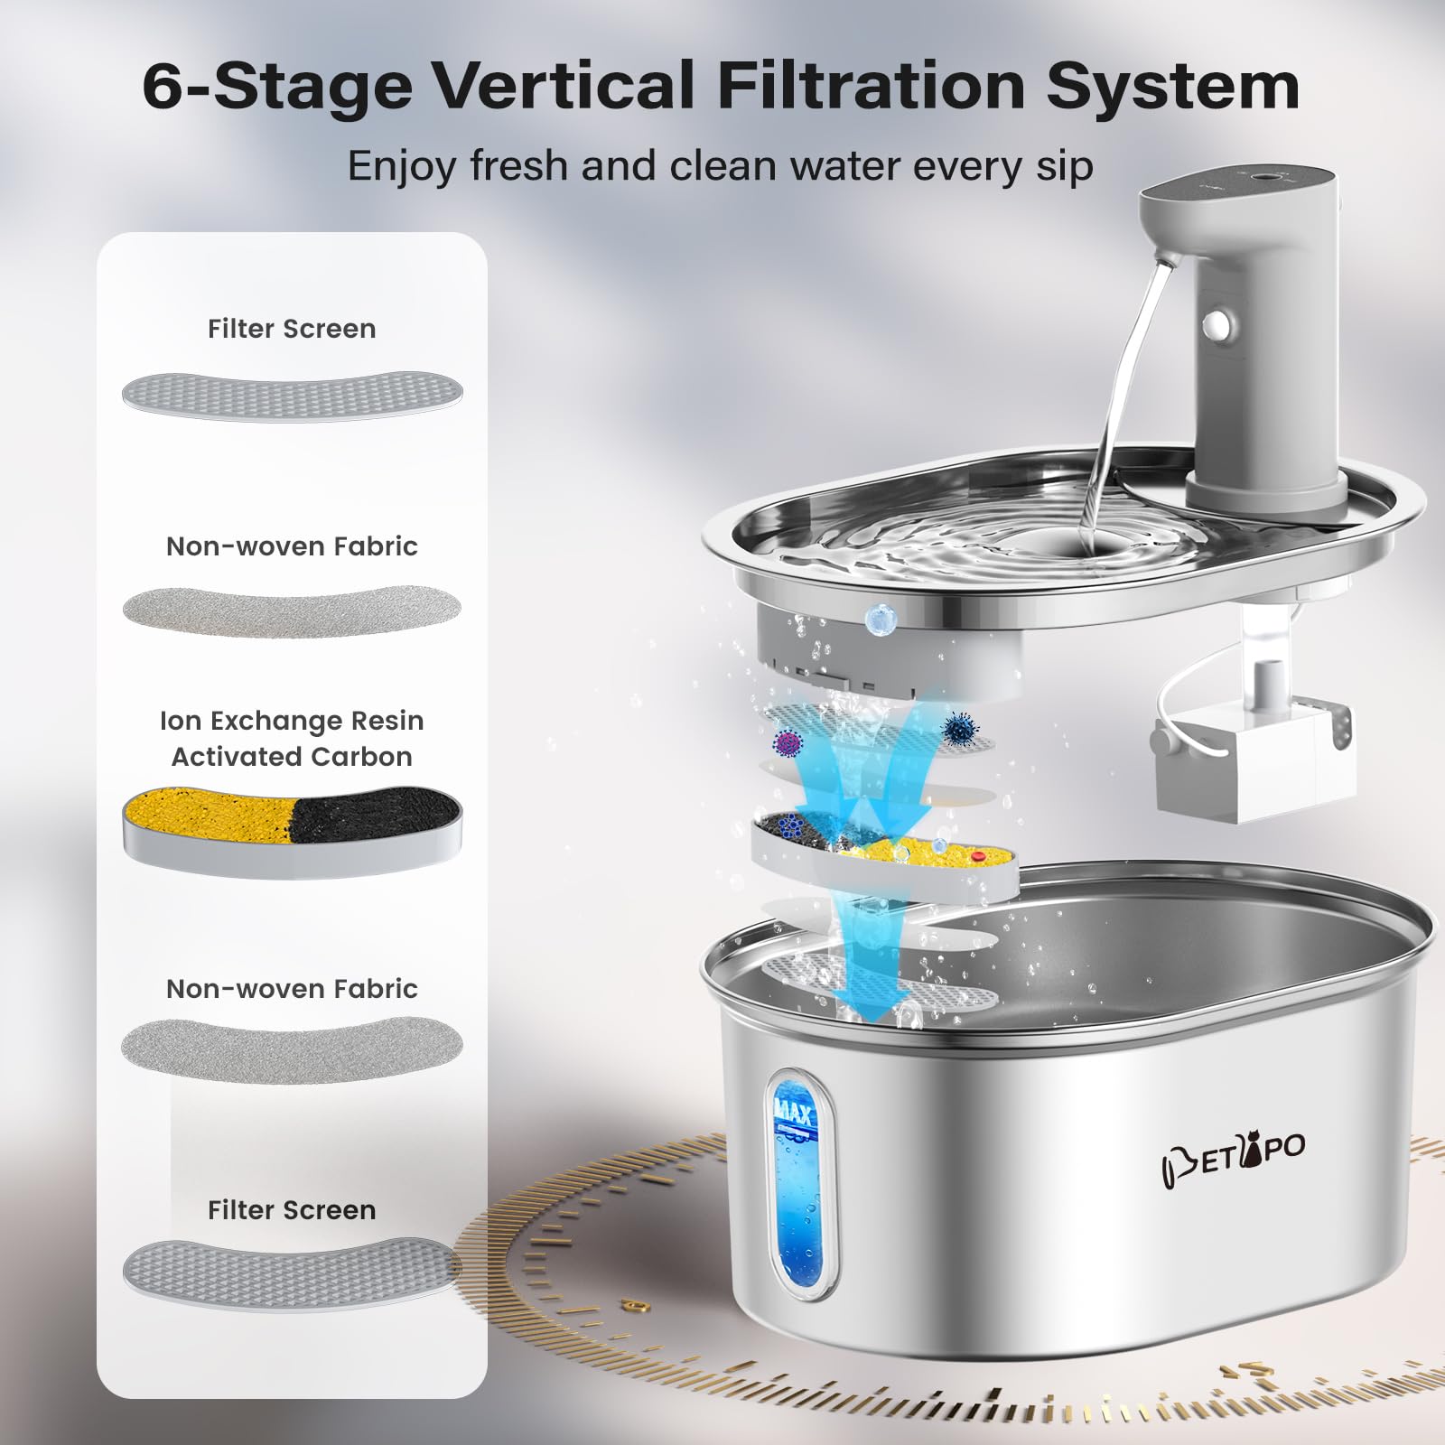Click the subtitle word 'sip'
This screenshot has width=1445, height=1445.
(x=1064, y=166)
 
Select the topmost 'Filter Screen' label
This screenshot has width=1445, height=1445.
(x=292, y=329)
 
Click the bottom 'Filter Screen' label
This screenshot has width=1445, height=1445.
(x=292, y=1210)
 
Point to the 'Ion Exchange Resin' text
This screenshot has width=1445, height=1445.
(x=292, y=721)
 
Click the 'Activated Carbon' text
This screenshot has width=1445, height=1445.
(x=292, y=757)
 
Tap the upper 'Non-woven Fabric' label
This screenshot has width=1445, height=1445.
(x=292, y=546)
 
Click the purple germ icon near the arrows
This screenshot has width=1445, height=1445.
(x=788, y=743)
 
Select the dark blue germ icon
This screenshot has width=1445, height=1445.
(x=959, y=726)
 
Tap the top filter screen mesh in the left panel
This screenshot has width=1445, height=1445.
(x=292, y=395)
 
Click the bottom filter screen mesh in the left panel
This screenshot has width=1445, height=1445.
(x=292, y=1272)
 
